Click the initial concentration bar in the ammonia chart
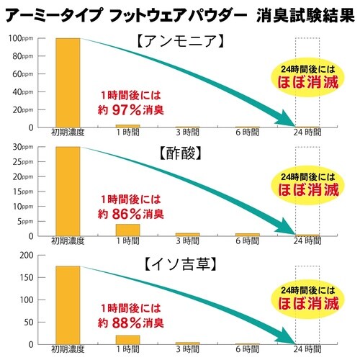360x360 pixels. point(68,83)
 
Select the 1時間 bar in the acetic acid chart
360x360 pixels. point(128,230)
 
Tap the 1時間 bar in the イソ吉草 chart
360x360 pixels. point(128,339)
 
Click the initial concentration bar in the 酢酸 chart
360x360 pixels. point(68,192)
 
